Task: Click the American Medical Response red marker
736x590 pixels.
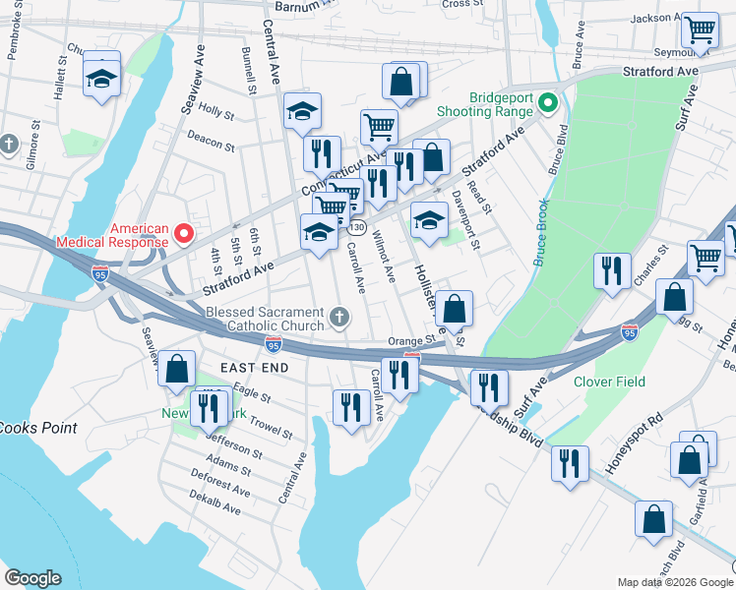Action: pyautogui.click(x=183, y=233)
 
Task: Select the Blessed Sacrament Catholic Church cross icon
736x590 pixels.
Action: pyautogui.click(x=338, y=317)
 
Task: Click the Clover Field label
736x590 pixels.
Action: pyautogui.click(x=607, y=382)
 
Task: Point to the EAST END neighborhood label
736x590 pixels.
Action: pyautogui.click(x=254, y=367)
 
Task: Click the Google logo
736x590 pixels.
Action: pyautogui.click(x=32, y=578)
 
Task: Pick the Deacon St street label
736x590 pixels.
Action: pyautogui.click(x=211, y=142)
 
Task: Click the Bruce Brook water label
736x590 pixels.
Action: pyautogui.click(x=540, y=232)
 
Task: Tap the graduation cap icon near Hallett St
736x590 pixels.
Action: pyautogui.click(x=100, y=76)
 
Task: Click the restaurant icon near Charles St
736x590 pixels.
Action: pyautogui.click(x=612, y=269)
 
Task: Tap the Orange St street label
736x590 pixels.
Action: pyautogui.click(x=410, y=341)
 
